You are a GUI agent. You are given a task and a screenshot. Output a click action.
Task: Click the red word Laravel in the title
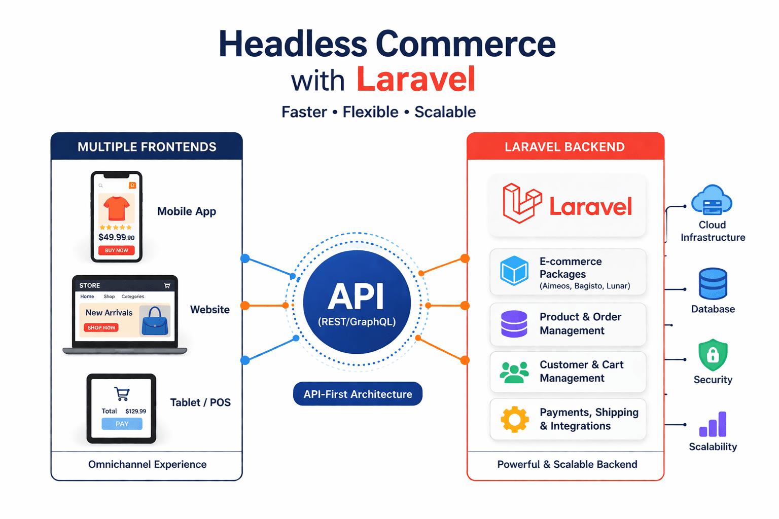click(416, 79)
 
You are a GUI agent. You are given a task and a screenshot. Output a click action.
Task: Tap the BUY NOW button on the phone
click(117, 250)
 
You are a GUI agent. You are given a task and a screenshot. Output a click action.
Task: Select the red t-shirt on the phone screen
click(117, 208)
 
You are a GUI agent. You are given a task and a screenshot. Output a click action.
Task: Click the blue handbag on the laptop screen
click(155, 321)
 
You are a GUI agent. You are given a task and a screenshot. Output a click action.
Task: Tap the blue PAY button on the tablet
click(122, 424)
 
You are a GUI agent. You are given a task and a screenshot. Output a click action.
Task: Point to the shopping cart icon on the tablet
click(122, 394)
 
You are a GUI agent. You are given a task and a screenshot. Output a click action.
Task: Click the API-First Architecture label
click(358, 394)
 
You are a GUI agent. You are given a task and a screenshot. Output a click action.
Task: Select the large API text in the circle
click(356, 296)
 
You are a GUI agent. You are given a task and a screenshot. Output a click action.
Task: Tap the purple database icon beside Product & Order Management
click(514, 324)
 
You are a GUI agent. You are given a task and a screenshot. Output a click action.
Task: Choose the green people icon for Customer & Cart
click(514, 373)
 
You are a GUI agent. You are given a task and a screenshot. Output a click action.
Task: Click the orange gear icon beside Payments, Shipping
click(514, 419)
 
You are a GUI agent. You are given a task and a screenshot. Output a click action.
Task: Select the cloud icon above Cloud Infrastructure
click(712, 200)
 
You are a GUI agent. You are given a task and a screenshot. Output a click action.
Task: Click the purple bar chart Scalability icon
click(713, 425)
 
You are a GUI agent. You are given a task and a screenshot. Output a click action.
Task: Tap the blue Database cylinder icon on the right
click(713, 284)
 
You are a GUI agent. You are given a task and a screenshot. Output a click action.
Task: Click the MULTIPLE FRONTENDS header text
click(147, 147)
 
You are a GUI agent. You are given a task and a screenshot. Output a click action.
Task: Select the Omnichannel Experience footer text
click(147, 464)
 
